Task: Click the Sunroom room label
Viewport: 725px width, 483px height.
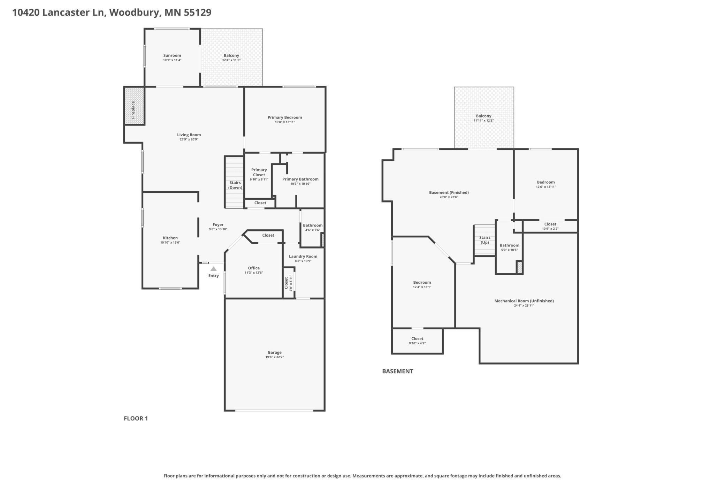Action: (172, 55)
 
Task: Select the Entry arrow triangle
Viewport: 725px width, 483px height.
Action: (213, 269)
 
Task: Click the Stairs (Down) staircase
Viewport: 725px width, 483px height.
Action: (234, 182)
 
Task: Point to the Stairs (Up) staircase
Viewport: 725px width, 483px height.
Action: (484, 240)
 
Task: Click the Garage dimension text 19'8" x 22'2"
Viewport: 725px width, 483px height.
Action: (275, 357)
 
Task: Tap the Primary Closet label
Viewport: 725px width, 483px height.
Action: (259, 172)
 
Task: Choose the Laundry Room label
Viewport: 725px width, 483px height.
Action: (303, 256)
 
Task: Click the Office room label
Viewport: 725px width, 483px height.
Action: (254, 268)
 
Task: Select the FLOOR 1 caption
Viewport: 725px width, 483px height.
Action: (136, 418)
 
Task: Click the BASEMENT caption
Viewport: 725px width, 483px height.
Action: (397, 371)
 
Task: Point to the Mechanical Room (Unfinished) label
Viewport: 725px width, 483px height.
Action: (524, 301)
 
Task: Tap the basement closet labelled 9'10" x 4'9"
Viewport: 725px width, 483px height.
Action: (417, 341)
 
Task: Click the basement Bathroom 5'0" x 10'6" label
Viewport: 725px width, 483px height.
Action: (509, 245)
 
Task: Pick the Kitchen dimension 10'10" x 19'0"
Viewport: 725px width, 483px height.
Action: (170, 243)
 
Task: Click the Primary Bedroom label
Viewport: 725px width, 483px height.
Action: (285, 117)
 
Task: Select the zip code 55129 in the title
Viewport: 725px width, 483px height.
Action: (197, 13)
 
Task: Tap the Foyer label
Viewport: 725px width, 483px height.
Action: (218, 225)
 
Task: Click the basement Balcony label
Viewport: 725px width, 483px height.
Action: (483, 116)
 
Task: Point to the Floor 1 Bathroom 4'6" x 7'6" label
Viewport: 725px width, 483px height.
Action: (313, 225)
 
